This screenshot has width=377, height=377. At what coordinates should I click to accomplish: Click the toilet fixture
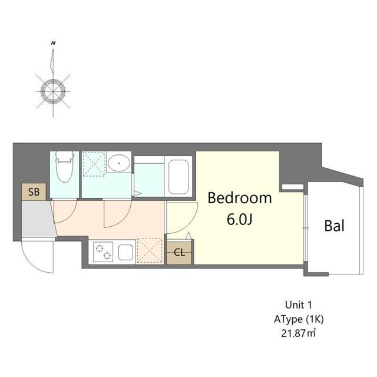coord(64,167)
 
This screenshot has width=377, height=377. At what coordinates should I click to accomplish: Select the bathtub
coord(178,176)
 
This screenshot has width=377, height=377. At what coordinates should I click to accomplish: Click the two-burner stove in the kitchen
coord(103,252)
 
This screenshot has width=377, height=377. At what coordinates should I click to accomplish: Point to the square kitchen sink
coord(126,252)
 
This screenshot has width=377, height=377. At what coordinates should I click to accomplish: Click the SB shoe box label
coord(34,191)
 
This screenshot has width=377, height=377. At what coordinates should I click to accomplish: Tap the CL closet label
coord(178,253)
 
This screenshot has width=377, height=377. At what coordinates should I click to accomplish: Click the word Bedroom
coord(240,198)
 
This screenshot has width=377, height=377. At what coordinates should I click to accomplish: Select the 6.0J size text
coord(239,219)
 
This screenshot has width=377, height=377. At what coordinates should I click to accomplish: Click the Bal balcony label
coord(334,226)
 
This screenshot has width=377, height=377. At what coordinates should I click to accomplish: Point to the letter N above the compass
coord(53,43)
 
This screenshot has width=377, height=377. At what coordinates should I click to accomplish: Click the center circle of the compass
coord(52,90)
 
